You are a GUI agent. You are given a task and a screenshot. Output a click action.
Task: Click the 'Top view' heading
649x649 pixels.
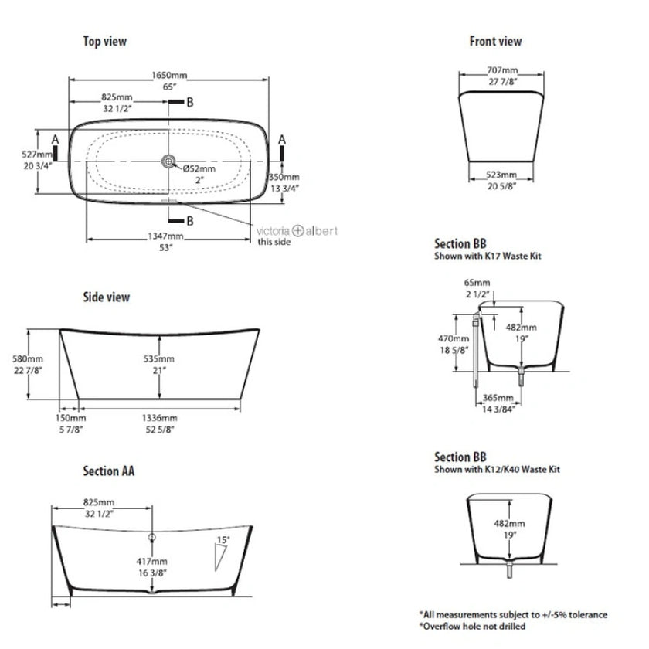(105, 42)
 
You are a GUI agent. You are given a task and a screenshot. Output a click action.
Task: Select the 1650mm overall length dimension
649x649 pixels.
(169, 76)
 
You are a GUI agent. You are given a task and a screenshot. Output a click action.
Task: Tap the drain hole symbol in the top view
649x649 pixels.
(168, 161)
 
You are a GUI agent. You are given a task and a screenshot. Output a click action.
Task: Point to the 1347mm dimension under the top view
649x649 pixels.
(166, 236)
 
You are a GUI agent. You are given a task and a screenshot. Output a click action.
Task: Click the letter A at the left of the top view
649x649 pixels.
(54, 138)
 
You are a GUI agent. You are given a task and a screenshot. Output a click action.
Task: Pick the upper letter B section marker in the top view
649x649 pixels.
(189, 102)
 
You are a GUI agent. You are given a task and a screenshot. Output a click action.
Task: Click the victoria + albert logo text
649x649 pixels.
(297, 230)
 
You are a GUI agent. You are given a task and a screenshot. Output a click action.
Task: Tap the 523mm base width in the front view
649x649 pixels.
(503, 175)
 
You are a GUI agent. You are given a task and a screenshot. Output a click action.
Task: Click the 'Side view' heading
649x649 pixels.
(107, 297)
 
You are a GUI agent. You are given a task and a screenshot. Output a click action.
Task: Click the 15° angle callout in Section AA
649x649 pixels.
(224, 539)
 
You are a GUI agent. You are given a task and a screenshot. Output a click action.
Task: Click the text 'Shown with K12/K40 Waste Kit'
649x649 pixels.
(497, 470)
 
